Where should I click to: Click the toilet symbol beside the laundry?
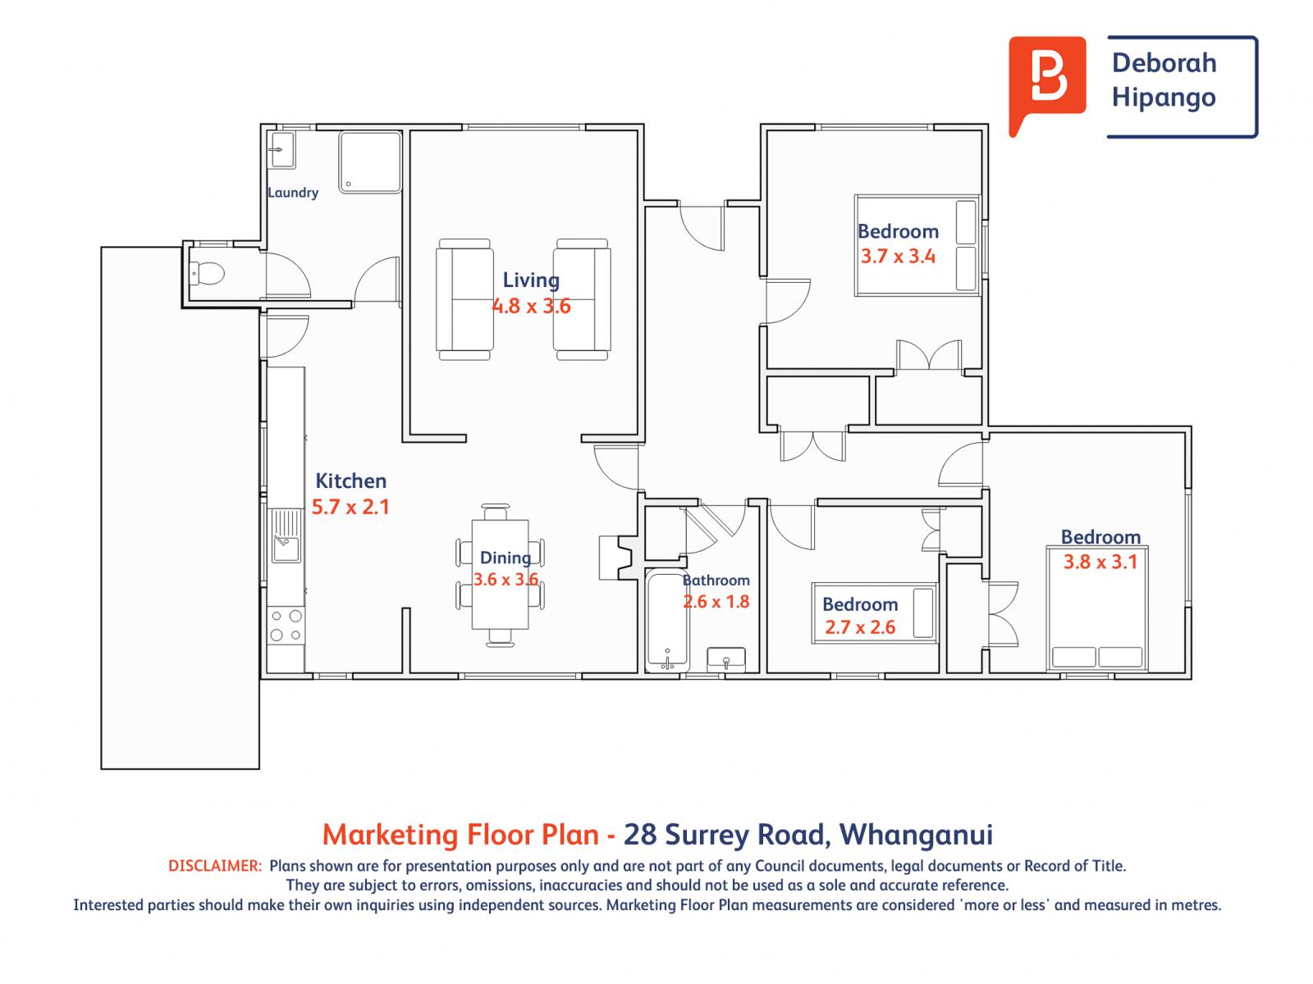[x=206, y=272]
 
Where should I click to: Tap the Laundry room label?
[x=293, y=193]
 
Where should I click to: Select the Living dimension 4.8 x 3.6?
[x=531, y=307]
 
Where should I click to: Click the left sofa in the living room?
[x=465, y=299]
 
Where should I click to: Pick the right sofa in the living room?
[x=583, y=299]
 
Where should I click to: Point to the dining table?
[x=501, y=574]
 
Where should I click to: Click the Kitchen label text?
[x=350, y=481]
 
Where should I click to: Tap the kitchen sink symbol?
[x=285, y=537]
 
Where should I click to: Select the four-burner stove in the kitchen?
[x=286, y=625]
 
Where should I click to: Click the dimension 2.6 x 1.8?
[x=716, y=602]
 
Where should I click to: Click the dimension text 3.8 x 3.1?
[x=1100, y=563]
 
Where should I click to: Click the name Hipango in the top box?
[x=1163, y=98]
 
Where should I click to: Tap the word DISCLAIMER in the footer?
[x=214, y=866]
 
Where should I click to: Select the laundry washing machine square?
[x=371, y=162]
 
